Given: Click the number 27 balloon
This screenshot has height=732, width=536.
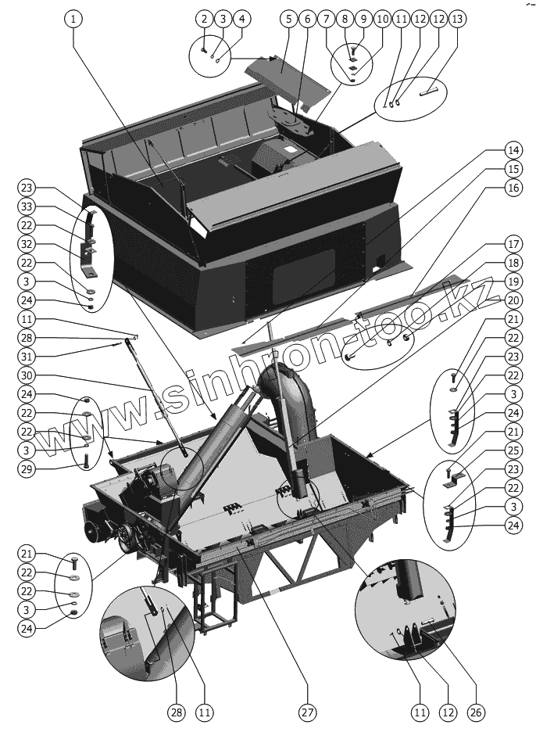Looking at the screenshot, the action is tap(306, 712).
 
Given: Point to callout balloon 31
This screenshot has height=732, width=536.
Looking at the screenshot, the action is tap(27, 356).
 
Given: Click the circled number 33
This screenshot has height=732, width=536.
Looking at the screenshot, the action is tap(27, 206).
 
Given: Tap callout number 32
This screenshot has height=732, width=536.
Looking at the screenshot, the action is tap(27, 243).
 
